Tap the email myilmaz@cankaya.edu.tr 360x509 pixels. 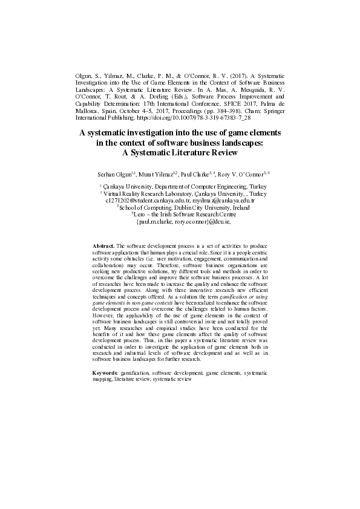[x=219, y=200]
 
